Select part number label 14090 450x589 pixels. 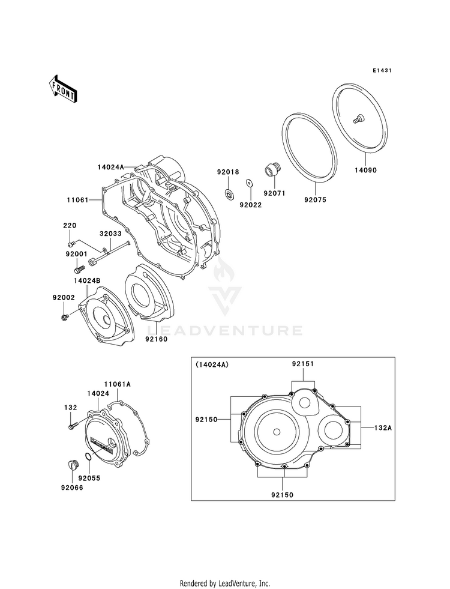click(365, 171)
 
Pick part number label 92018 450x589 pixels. click(228, 172)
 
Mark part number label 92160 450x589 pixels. click(156, 339)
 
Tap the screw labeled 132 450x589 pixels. click(73, 427)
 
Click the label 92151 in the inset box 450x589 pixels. click(303, 364)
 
